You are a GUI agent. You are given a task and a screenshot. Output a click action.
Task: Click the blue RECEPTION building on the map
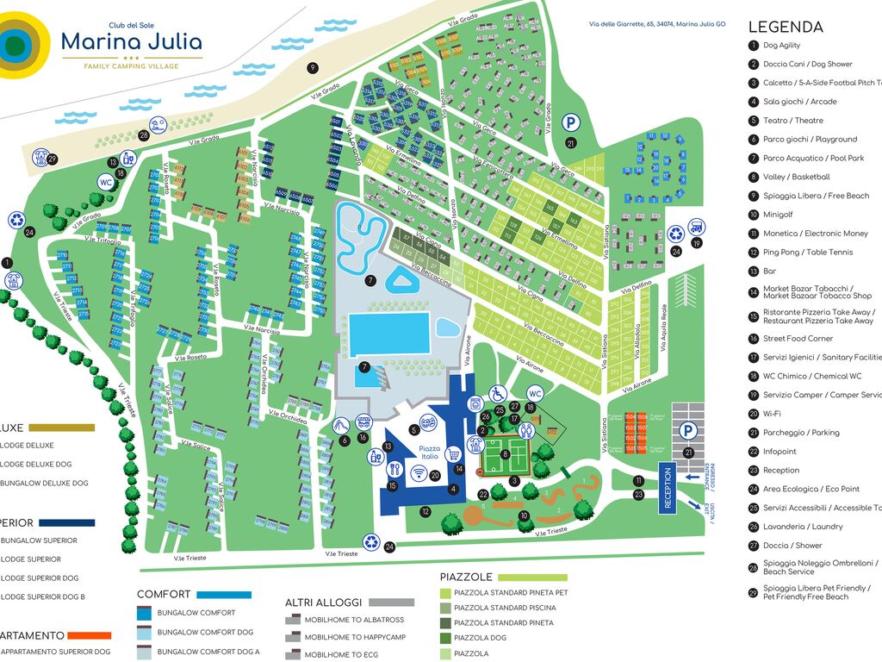(x=668, y=487)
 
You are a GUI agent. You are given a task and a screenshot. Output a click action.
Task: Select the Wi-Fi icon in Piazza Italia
(x=419, y=473)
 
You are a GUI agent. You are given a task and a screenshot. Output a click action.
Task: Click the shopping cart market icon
(x=454, y=454)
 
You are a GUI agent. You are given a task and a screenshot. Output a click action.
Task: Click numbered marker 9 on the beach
(x=313, y=67)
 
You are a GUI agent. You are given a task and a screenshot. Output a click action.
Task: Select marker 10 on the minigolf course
(x=524, y=516)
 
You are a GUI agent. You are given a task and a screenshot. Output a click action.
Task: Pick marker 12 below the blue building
(x=425, y=511)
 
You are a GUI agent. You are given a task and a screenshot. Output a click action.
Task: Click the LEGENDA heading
(x=786, y=27)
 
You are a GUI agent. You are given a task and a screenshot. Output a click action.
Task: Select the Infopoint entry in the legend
(x=779, y=452)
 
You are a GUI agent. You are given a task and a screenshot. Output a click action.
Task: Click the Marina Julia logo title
(x=132, y=41)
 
